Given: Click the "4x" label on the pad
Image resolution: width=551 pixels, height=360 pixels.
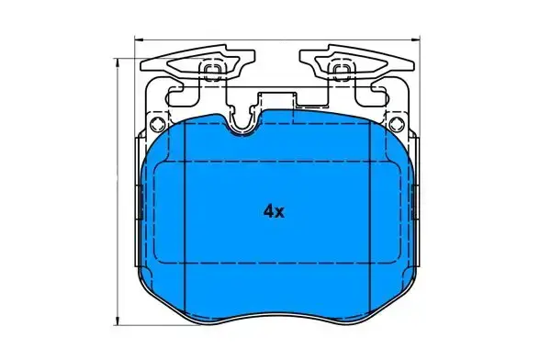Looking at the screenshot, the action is pyautogui.click(x=274, y=211).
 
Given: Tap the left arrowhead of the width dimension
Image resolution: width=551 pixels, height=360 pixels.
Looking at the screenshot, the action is pyautogui.click(x=139, y=39).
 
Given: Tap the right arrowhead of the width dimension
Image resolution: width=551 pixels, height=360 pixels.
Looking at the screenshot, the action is pyautogui.click(x=416, y=39).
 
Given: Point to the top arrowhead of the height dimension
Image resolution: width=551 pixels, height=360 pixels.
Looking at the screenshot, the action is pyautogui.click(x=118, y=62).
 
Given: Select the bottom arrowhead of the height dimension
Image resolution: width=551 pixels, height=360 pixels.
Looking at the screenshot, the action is pyautogui.click(x=118, y=321).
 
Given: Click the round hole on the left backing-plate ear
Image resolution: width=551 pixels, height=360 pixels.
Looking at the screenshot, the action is pyautogui.click(x=157, y=124).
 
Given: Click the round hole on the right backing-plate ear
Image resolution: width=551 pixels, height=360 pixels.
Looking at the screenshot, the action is pyautogui.click(x=397, y=124).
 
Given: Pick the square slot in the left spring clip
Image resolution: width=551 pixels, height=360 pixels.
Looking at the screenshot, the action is pyautogui.click(x=212, y=71).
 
